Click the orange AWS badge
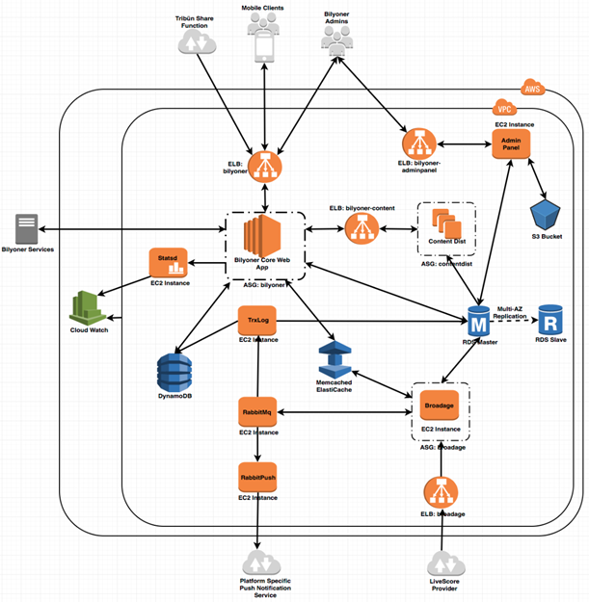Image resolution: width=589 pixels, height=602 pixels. tap(532, 89)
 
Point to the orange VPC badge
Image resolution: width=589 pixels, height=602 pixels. tap(503, 107)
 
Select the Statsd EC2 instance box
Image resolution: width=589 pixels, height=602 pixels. tap(168, 261)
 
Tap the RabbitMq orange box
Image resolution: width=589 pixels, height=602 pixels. tap(256, 413)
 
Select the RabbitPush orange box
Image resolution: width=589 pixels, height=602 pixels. tap(256, 478)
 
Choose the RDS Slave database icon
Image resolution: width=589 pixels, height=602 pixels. tap(550, 319)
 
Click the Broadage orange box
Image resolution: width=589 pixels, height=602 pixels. tap(440, 406)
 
